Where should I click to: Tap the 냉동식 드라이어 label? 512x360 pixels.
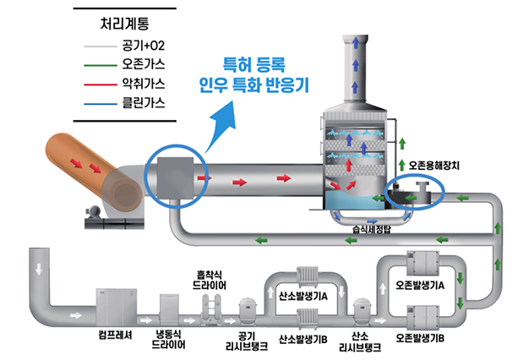[169, 339]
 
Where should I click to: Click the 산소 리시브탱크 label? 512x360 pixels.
[362, 340]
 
